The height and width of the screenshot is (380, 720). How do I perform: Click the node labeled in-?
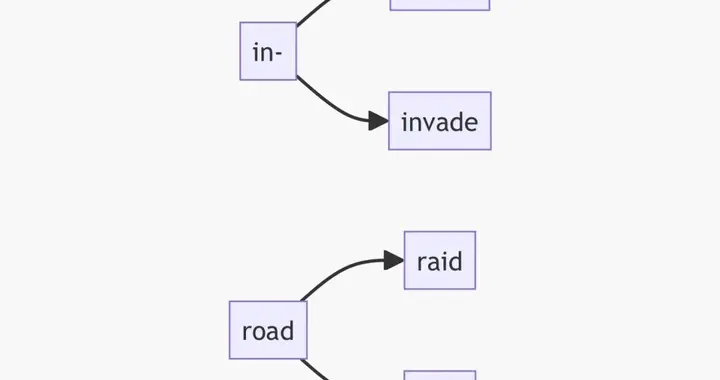268,51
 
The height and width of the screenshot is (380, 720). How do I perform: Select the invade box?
439,121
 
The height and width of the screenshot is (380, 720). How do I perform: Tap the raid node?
439,260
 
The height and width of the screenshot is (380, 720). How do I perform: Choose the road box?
268,329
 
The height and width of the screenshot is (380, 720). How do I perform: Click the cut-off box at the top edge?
440,4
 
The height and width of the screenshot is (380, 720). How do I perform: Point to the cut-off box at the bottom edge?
440,375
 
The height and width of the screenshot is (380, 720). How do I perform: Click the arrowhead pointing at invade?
378,121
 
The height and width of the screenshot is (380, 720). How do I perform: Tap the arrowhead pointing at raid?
393,261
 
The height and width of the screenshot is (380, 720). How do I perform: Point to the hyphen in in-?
280,53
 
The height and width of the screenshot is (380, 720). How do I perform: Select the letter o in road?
258,331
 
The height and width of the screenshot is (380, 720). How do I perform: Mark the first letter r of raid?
421,262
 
